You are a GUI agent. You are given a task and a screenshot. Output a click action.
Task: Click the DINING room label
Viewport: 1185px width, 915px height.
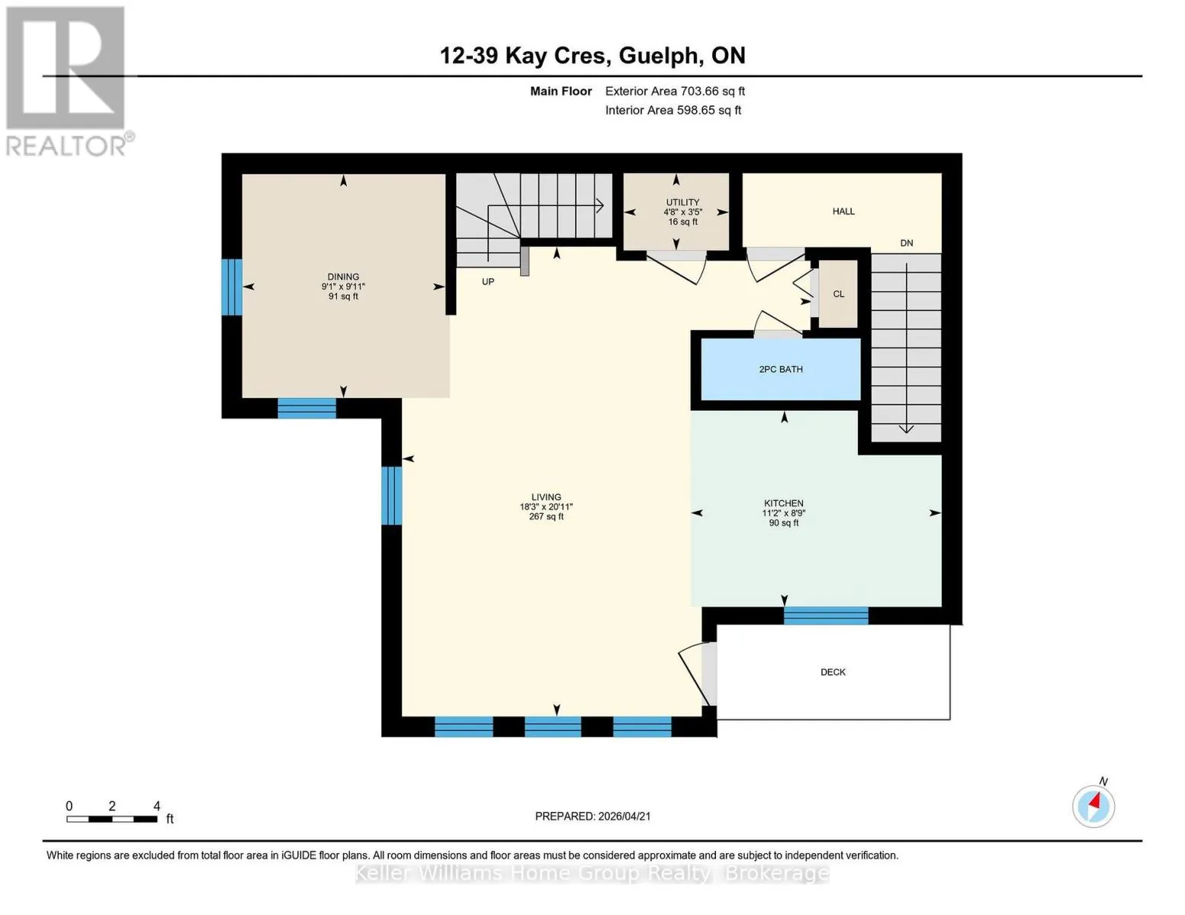343,277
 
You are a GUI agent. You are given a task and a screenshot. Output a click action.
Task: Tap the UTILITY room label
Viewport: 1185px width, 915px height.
682,202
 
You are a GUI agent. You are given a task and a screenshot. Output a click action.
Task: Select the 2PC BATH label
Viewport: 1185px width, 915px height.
781,369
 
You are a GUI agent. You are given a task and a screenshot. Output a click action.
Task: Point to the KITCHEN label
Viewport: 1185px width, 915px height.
784,503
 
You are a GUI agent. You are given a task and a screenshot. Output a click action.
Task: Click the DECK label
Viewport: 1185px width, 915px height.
833,673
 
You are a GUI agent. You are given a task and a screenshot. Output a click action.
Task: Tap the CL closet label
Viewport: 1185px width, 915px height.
839,294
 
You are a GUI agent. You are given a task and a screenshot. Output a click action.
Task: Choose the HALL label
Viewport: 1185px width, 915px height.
843,211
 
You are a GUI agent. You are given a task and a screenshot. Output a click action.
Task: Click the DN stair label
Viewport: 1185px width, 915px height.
907,243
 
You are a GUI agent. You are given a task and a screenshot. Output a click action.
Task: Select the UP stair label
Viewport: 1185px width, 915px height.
488,281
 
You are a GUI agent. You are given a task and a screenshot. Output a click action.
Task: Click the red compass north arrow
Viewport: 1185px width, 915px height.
1094,801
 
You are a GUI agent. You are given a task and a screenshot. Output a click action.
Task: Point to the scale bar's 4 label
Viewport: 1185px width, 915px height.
157,806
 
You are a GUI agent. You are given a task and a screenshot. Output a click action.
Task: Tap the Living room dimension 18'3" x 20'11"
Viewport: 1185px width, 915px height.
546,506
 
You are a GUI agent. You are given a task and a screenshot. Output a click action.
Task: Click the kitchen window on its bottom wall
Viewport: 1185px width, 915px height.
826,615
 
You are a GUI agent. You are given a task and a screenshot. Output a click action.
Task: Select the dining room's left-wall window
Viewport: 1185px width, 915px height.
231,287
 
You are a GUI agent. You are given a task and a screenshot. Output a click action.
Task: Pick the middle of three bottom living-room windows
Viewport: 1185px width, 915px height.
553,727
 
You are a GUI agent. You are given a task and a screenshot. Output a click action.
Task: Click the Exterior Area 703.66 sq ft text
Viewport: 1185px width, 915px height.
675,91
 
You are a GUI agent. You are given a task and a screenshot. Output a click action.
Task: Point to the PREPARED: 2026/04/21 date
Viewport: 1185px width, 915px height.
592,817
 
